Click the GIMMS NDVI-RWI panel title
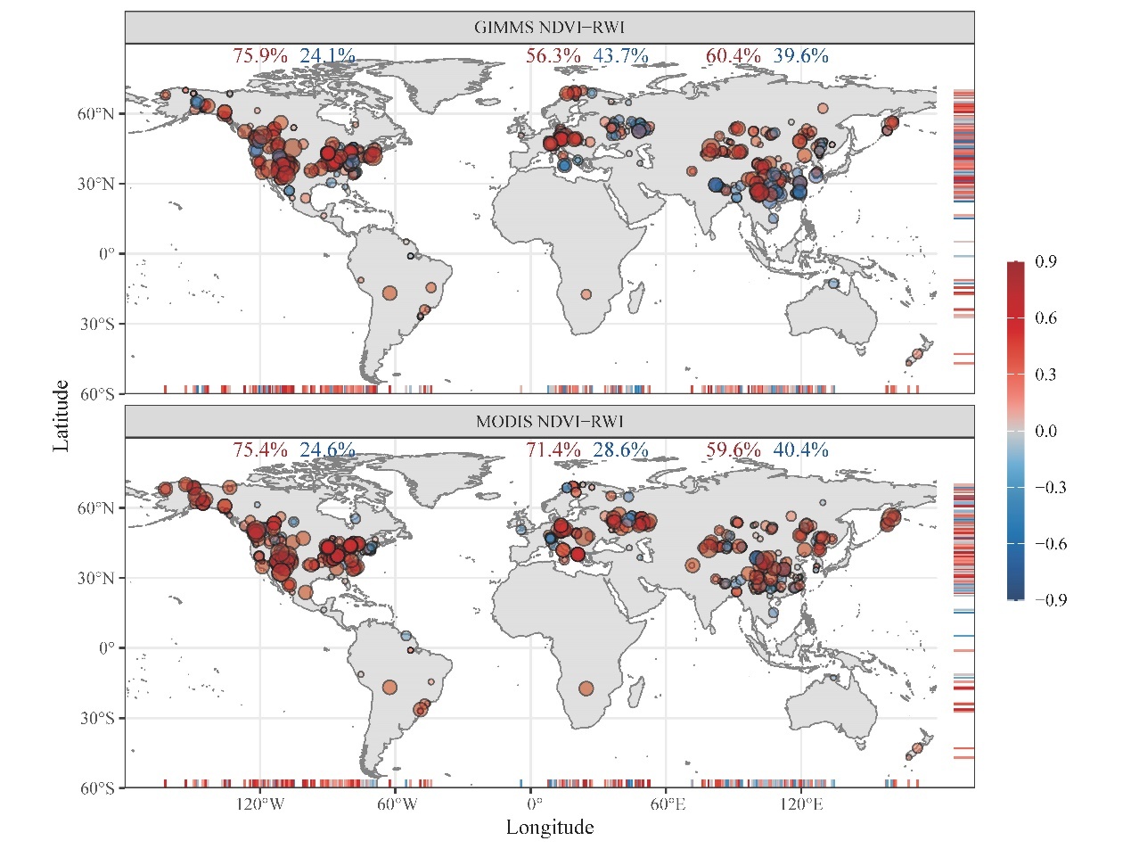548,27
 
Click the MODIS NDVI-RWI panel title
548,421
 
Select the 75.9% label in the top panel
260,56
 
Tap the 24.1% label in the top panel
327,56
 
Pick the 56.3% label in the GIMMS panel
553,56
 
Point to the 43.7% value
620,56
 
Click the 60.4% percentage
734,56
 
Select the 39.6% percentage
800,56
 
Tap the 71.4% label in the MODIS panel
553,450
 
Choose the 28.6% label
620,450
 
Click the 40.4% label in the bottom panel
800,450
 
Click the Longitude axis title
549,828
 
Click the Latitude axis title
61,415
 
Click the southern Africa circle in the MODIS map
586,688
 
